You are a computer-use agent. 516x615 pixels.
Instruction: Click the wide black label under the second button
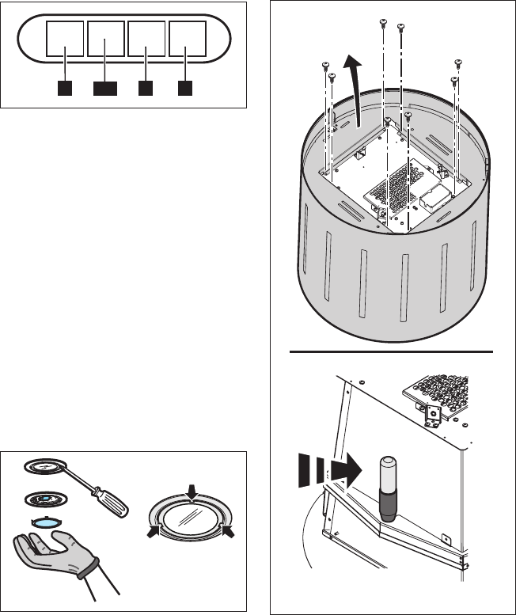point(105,87)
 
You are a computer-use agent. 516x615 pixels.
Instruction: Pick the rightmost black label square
point(185,87)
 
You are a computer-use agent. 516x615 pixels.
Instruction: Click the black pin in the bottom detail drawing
point(388,487)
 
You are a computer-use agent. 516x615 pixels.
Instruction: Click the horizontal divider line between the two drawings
point(392,350)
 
